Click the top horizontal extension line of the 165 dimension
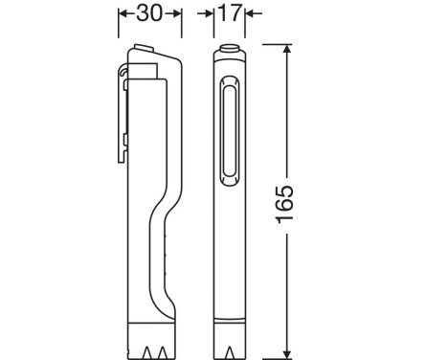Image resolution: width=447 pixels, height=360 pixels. coord(273,44)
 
